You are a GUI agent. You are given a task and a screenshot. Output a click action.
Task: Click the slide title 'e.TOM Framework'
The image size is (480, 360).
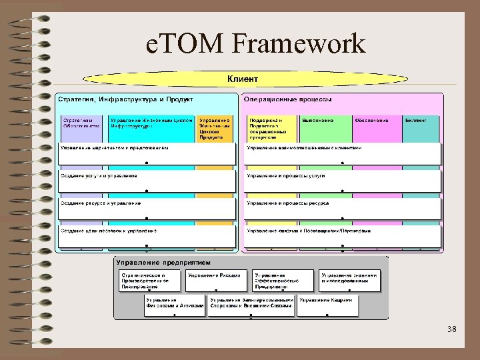[255, 45]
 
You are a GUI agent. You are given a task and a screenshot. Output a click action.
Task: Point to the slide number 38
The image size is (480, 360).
[452, 329]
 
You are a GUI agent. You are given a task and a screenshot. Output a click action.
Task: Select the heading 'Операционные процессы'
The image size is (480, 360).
[288, 99]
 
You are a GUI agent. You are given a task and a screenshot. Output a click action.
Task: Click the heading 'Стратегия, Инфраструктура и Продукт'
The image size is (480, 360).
[126, 99]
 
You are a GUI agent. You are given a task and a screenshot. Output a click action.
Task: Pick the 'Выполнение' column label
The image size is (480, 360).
[317, 120]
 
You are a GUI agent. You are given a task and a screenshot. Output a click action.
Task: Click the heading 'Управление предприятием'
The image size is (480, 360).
[163, 262]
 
